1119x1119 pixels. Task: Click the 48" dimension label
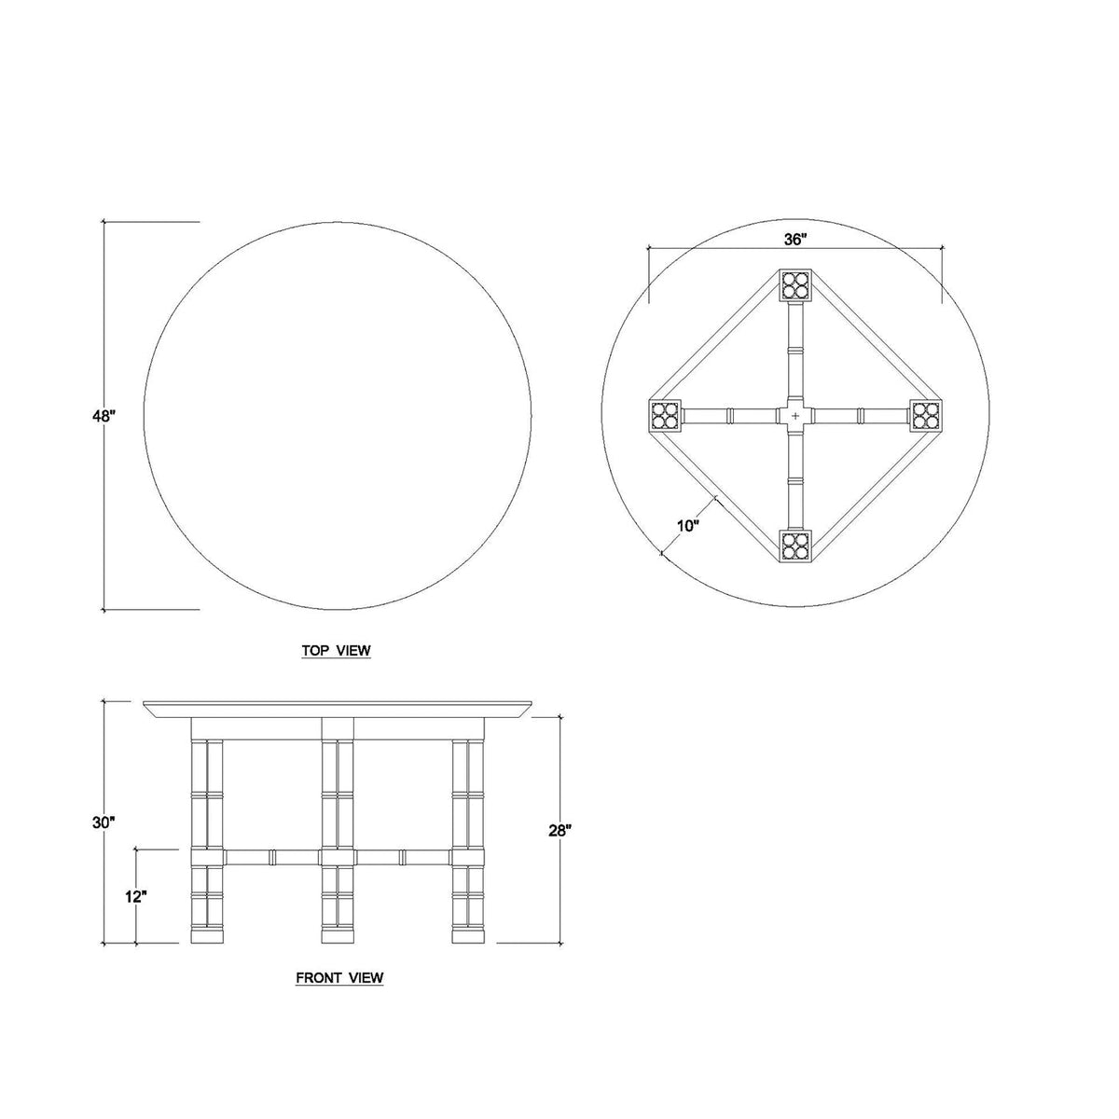click(103, 417)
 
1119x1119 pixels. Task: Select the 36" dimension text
click(794, 240)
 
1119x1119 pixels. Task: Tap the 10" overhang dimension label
click(688, 526)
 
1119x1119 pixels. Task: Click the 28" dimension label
click(559, 830)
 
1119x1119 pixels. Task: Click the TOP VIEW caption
click(337, 651)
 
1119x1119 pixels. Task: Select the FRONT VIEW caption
click(339, 978)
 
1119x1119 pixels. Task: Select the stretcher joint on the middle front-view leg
click(338, 856)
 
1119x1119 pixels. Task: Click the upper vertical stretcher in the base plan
click(795, 350)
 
